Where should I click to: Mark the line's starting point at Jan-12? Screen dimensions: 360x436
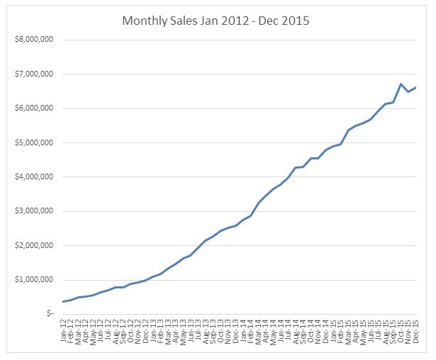pyautogui.click(x=63, y=302)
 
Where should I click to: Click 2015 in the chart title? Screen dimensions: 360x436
pyautogui.click(x=295, y=21)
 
